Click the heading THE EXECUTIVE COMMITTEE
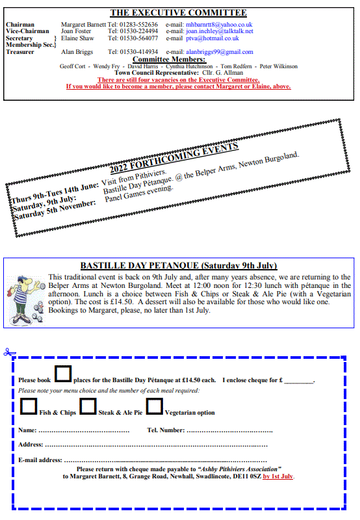point(178,12)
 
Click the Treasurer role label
point(20,52)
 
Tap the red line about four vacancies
point(179,80)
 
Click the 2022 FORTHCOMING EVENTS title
point(174,159)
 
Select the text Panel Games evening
point(139,194)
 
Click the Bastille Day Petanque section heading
point(179,265)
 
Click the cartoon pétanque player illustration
point(25,295)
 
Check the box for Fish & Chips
point(29,406)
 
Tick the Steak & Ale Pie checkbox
point(88,406)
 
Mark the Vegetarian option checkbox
point(155,406)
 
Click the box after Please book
point(62,373)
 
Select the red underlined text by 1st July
point(279,476)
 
